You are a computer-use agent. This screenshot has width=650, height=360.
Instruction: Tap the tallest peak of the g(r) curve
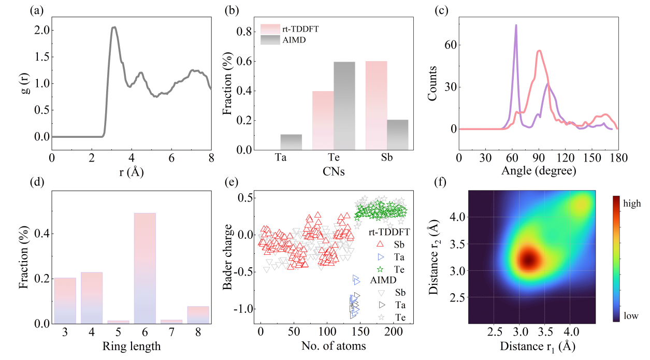pyautogui.click(x=114, y=27)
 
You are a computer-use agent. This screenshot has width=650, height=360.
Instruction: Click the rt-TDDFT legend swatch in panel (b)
pyautogui.click(x=272, y=28)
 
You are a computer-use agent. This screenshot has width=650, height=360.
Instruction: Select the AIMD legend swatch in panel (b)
pyautogui.click(x=272, y=40)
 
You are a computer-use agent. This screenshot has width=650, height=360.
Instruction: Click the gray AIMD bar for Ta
pyautogui.click(x=291, y=142)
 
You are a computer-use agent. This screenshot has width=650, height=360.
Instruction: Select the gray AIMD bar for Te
pyautogui.click(x=344, y=106)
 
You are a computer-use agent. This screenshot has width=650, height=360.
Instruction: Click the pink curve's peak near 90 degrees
pyautogui.click(x=539, y=51)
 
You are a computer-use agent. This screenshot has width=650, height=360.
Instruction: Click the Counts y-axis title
pyautogui.click(x=436, y=83)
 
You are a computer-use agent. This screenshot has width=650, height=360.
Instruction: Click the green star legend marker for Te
pyautogui.click(x=381, y=269)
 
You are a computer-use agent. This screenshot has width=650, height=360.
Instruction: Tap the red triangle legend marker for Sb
pyautogui.click(x=381, y=244)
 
